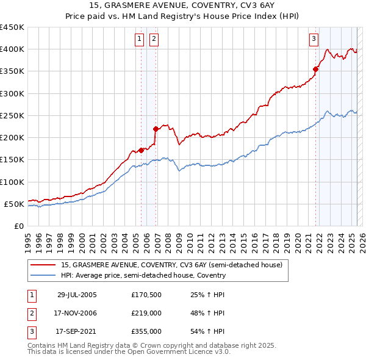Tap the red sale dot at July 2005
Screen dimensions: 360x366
[141, 150]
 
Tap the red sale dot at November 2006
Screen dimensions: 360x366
[156, 129]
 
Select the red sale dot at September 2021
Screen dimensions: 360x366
[316, 69]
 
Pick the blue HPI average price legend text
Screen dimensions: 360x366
[143, 276]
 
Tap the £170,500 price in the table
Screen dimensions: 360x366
[146, 295]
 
